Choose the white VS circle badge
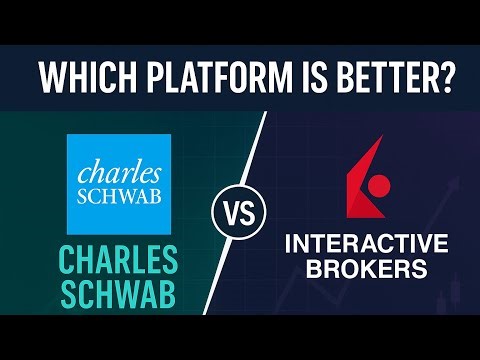237,215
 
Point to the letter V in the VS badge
228,215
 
